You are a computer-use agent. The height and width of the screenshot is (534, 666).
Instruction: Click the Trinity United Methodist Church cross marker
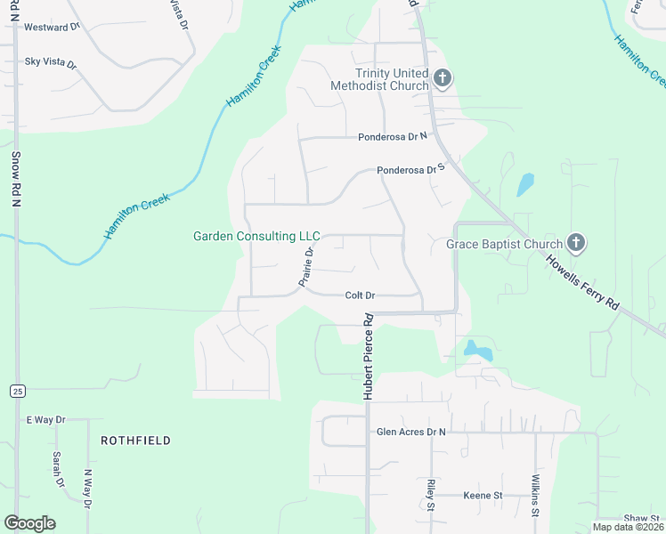[x=443, y=80]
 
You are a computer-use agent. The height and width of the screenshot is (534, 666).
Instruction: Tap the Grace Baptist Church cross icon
[x=576, y=243]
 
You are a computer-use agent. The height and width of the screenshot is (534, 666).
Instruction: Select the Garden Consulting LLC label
[x=256, y=237]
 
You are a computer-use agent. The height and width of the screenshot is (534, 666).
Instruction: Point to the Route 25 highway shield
[x=17, y=391]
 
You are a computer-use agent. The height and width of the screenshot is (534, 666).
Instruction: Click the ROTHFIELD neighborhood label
[x=135, y=441]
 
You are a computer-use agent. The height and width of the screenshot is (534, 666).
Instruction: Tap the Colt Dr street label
[x=360, y=295]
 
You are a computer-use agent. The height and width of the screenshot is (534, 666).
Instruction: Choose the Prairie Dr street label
[x=306, y=267]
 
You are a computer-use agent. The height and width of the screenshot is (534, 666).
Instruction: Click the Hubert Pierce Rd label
[x=366, y=356]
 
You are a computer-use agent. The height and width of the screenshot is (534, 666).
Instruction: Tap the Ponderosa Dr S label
[x=410, y=169]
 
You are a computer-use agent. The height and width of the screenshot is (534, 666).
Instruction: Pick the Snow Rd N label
[x=15, y=180]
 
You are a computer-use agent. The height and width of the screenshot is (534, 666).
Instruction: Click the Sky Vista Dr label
[x=51, y=64]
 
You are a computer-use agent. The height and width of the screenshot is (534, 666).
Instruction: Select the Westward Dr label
[x=52, y=28]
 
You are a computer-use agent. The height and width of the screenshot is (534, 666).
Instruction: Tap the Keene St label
[x=483, y=495]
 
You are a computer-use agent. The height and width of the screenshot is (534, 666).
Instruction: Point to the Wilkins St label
[x=536, y=495]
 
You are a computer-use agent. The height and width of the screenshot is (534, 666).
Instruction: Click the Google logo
[x=30, y=522]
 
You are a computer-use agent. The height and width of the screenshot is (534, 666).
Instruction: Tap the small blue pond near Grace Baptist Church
[x=525, y=184]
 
